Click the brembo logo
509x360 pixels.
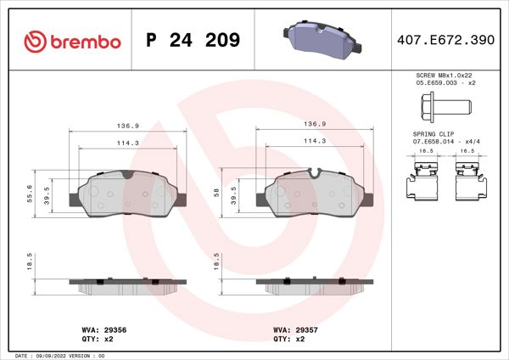click(x=72, y=41)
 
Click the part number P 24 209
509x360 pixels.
click(x=193, y=41)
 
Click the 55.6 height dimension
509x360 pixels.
click(x=31, y=194)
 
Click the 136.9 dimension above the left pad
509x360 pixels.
click(x=127, y=124)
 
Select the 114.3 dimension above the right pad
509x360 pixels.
click(x=315, y=141)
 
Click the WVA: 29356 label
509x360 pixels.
click(x=103, y=329)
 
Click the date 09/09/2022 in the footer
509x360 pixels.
click(x=53, y=355)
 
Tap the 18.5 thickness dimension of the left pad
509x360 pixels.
click(x=31, y=260)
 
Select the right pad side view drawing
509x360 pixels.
click(x=316, y=285)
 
